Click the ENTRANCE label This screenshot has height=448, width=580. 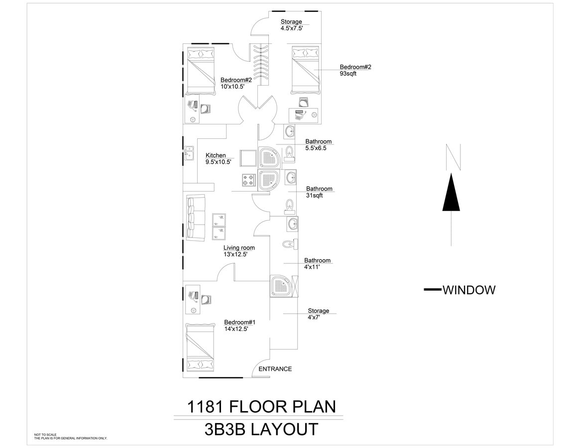click(x=275, y=369)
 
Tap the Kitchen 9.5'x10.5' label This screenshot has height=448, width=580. click(x=218, y=159)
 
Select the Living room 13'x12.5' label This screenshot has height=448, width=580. click(x=239, y=251)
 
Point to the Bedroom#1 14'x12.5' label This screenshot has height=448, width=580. click(x=239, y=326)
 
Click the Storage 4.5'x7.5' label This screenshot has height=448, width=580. click(x=291, y=25)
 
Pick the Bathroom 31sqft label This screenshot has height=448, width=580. click(x=319, y=192)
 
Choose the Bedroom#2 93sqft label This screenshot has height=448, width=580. click(x=355, y=70)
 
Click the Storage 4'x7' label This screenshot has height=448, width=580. click(x=318, y=314)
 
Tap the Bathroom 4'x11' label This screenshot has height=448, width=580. click(x=317, y=263)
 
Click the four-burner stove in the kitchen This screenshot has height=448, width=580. click(x=249, y=180)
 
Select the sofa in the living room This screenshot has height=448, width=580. click(x=196, y=218)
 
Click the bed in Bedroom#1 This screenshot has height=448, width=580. click(x=201, y=347)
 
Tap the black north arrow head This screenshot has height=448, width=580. click(x=451, y=192)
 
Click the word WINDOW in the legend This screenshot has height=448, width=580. click(x=469, y=290)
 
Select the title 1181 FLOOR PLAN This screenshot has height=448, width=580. click(x=261, y=407)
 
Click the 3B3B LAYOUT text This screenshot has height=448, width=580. click(x=261, y=430)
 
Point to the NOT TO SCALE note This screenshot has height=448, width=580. click(x=45, y=435)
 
